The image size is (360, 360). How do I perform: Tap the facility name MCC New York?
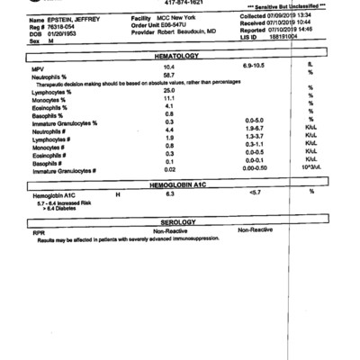(181, 19)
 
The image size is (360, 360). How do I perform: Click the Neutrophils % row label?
(51, 76)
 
